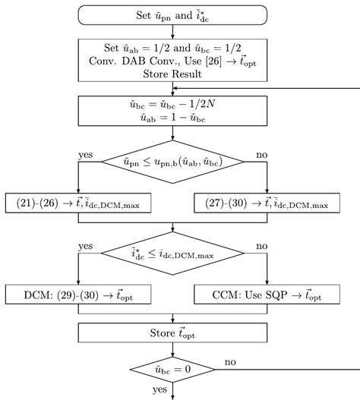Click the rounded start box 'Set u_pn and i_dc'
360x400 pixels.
click(x=173, y=14)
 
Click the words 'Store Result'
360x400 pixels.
click(x=173, y=73)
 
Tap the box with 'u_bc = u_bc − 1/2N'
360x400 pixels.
click(x=173, y=115)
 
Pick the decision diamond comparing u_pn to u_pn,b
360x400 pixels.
click(x=173, y=161)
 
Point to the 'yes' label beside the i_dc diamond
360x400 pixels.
click(x=86, y=246)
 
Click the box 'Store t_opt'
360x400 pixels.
click(x=173, y=332)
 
